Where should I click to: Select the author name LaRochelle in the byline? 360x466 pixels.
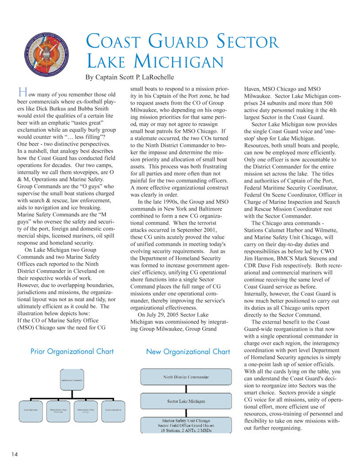coord(150,77)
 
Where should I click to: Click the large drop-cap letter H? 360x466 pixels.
coord(22,93)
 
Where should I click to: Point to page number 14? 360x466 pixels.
coord(15,454)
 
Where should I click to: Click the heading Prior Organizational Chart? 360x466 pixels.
coord(72,352)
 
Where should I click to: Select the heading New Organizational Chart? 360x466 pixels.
coord(188,352)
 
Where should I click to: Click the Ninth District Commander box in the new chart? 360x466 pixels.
coord(186,377)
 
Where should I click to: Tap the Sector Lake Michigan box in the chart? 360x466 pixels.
coord(186,401)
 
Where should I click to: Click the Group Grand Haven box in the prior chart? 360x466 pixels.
coord(113,410)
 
